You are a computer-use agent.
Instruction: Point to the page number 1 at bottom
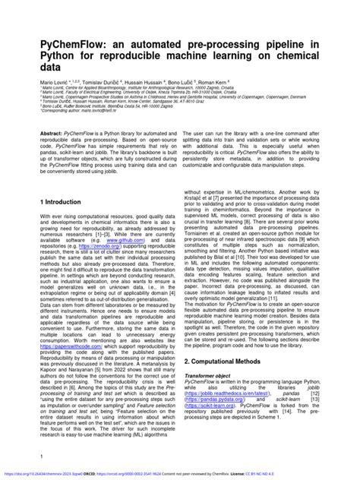click(39, 456)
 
